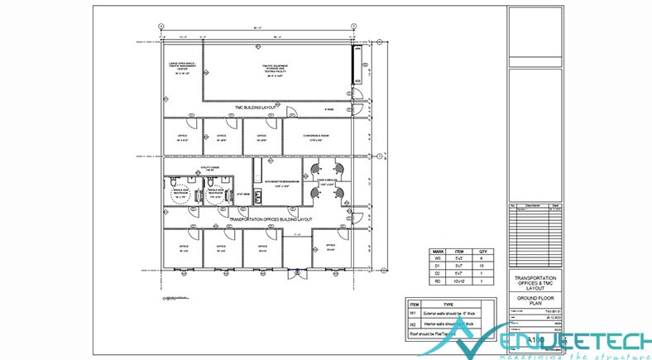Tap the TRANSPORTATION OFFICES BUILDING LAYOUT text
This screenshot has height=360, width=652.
coord(261,219)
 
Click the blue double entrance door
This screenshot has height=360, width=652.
coord(295,269)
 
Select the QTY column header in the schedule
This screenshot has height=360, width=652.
coord(487,252)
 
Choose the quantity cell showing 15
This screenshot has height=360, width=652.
coord(487,266)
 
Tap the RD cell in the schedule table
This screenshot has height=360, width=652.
coord(438,282)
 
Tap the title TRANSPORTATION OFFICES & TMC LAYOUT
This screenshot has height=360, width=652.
coord(535,282)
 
